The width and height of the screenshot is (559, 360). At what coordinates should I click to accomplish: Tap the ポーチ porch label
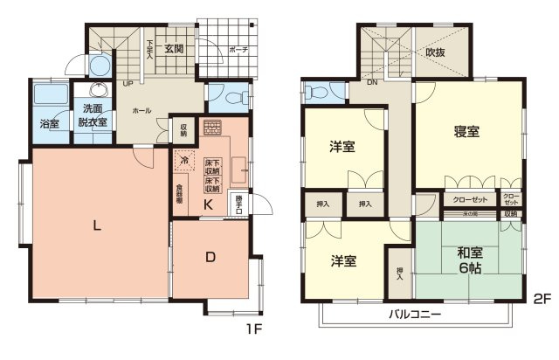[238, 50]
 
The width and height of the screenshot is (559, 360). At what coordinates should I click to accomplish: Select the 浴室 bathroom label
[49, 123]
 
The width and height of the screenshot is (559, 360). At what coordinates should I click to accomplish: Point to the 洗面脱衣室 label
[93, 115]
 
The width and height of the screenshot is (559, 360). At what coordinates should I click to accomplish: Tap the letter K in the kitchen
[209, 205]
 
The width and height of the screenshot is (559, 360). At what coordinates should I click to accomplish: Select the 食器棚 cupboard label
[179, 193]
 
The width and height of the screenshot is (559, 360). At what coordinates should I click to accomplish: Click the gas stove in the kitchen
[212, 128]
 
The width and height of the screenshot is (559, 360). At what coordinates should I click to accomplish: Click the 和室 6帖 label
[470, 261]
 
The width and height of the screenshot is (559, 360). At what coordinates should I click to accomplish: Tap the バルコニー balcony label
[415, 315]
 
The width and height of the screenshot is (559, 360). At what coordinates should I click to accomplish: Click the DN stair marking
[370, 84]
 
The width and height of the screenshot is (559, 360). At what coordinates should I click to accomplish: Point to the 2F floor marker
[542, 299]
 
